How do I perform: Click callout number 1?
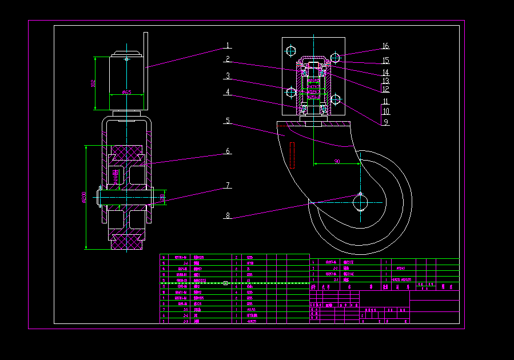point(227,46)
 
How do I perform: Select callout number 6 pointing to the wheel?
point(228,151)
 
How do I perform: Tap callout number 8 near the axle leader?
point(227,215)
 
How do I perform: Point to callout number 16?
point(385,46)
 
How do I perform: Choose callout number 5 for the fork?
point(227,121)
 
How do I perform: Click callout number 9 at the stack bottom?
point(385,121)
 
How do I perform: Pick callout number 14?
point(385,73)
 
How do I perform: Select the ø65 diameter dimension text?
point(126,92)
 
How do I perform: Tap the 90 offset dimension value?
point(337,162)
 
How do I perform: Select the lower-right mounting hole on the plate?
point(335,100)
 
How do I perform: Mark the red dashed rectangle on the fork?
point(292,155)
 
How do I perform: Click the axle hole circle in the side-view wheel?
point(360,202)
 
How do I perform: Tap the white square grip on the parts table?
point(225,283)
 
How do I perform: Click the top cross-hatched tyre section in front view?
point(127,153)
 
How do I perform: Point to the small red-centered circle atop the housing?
point(127,58)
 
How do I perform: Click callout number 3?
point(227,75)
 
